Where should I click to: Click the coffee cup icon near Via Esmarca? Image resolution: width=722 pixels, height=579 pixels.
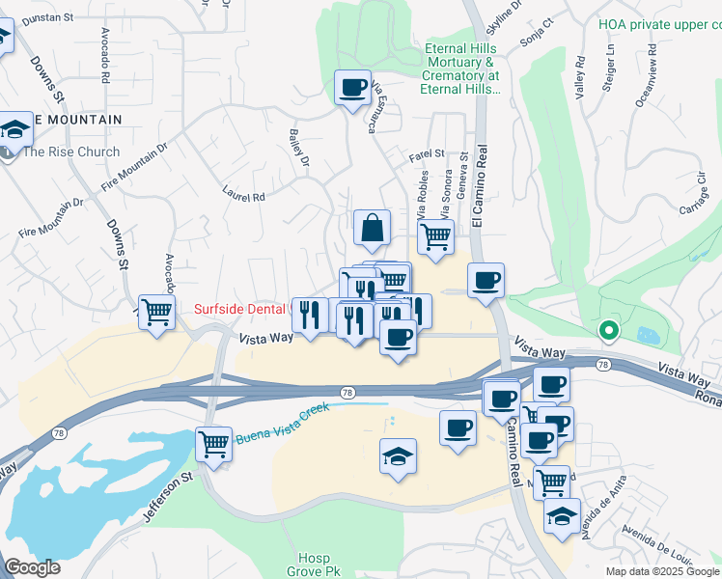coord(352,88)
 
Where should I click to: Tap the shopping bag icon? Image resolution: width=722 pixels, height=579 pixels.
coord(372,229)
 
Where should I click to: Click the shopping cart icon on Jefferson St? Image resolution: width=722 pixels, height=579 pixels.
coord(213,444)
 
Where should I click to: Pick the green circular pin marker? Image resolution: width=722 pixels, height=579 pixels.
coord(608,331)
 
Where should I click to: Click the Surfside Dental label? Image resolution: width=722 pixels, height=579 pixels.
coord(242,309)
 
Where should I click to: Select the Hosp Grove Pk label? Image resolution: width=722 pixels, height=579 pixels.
coord(315,565)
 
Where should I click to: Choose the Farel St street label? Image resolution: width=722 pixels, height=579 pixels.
coord(426,153)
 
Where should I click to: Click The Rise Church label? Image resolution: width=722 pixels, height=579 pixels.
coord(71,152)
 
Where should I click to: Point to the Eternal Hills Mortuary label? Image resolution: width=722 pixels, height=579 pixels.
coord(460,68)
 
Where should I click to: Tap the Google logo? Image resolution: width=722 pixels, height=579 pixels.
coord(32,567)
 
